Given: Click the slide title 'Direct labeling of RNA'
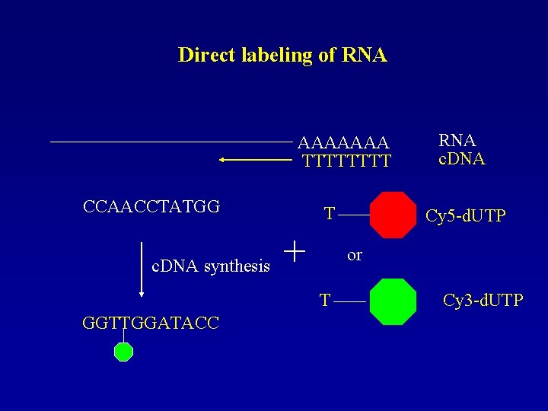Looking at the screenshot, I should click(282, 56).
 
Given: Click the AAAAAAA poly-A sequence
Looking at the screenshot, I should click(343, 143).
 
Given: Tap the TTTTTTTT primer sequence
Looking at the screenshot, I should click(346, 161).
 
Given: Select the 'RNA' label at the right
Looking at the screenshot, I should click(457, 141).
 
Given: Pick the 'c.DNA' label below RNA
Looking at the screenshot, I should click(462, 159).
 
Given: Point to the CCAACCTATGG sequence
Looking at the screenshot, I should click(151, 207).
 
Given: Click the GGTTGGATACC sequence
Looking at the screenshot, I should click(151, 323).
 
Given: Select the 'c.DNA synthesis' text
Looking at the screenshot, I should click(211, 266).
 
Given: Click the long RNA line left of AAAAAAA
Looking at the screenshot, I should click(171, 142).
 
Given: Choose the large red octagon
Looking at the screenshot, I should click(393, 215).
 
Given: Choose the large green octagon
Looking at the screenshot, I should click(393, 301).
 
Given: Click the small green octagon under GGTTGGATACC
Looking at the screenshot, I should click(123, 352).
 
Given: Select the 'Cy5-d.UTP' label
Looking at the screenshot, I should click(466, 216).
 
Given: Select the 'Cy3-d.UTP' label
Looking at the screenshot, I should click(483, 301).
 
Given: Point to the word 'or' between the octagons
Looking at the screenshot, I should click(355, 255).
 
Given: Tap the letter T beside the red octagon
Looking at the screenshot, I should click(329, 214).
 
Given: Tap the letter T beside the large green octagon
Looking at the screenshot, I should click(325, 301).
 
